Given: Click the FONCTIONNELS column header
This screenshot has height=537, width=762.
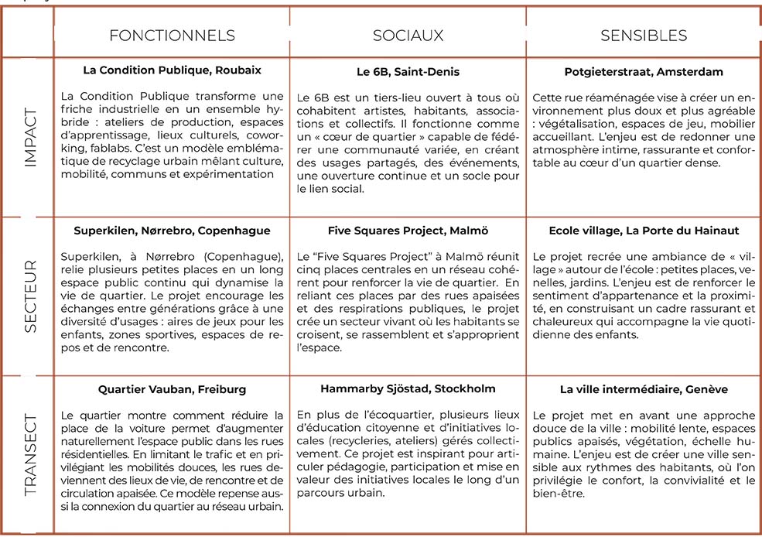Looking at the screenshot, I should click(x=172, y=36).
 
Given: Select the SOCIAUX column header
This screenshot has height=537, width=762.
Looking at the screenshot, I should click(x=408, y=36).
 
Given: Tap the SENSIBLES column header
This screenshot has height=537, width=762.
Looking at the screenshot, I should click(x=644, y=36).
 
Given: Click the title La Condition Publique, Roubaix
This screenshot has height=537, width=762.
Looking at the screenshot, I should click(x=172, y=70).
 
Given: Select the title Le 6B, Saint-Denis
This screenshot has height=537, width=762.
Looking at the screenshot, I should click(x=408, y=72).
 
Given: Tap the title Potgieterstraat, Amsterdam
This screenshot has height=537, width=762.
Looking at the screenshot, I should click(x=644, y=72).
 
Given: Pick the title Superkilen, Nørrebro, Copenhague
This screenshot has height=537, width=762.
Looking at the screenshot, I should click(x=172, y=231).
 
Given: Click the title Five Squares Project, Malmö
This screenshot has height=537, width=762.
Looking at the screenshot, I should click(x=408, y=231).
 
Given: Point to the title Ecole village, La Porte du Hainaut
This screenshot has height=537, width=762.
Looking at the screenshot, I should click(x=644, y=231).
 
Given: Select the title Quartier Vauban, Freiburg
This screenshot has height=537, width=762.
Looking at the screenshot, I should click(x=172, y=389).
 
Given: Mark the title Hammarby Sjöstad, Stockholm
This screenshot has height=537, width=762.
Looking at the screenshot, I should click(x=408, y=388).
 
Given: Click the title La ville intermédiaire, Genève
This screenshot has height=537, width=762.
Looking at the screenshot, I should click(x=644, y=389).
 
